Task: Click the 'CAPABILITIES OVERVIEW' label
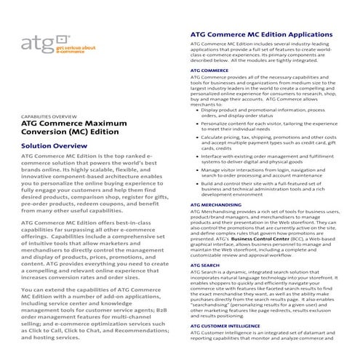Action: [x=49, y=117]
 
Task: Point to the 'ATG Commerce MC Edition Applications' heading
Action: [x=261, y=34]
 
